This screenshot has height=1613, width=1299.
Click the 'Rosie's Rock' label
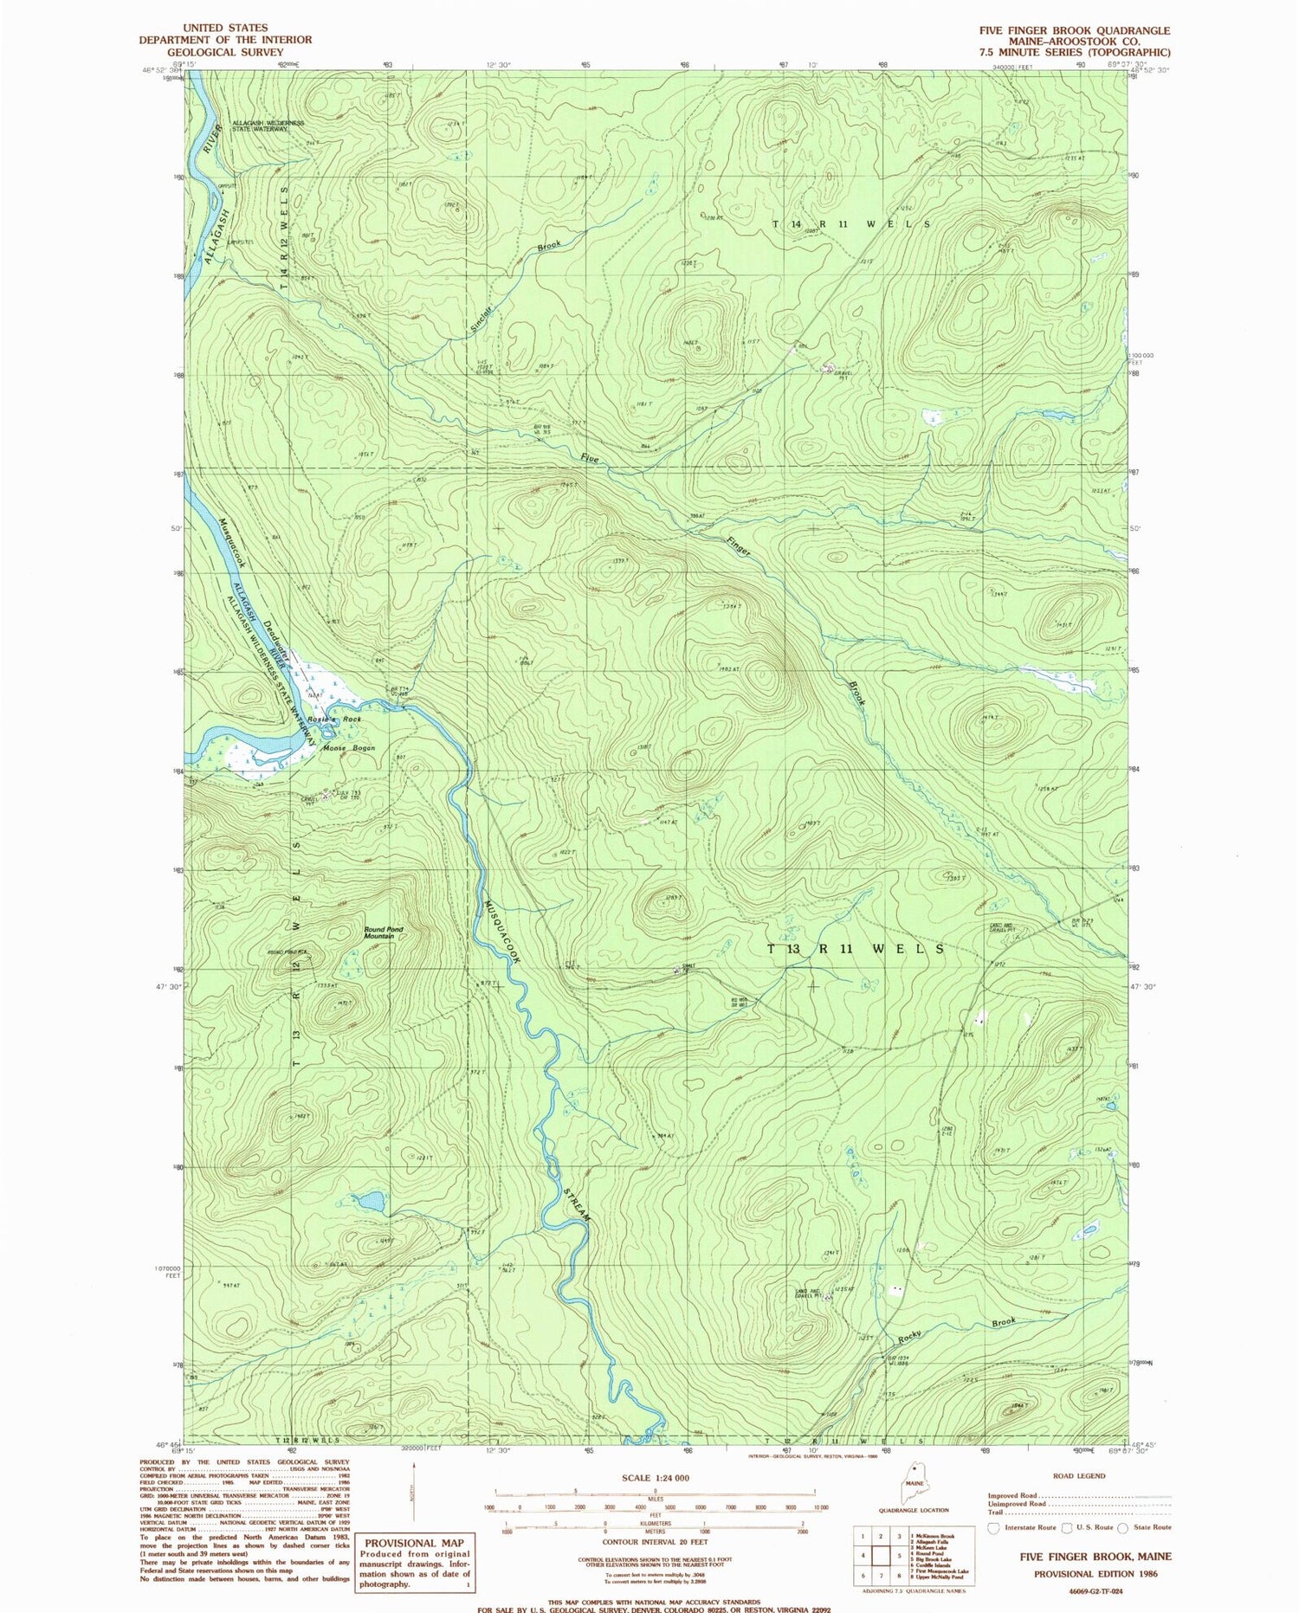(x=339, y=719)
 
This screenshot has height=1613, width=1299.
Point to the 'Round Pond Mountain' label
(x=384, y=932)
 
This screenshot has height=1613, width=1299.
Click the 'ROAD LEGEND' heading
(x=1080, y=1475)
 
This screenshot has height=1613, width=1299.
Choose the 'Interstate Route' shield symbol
(x=993, y=1527)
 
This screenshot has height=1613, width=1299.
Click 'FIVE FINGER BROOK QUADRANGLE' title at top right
(x=1074, y=29)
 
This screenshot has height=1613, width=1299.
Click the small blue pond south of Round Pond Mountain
(x=371, y=1202)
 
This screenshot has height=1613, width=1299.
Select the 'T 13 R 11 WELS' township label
(x=856, y=949)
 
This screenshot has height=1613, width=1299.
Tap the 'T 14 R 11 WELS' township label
(x=851, y=223)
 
